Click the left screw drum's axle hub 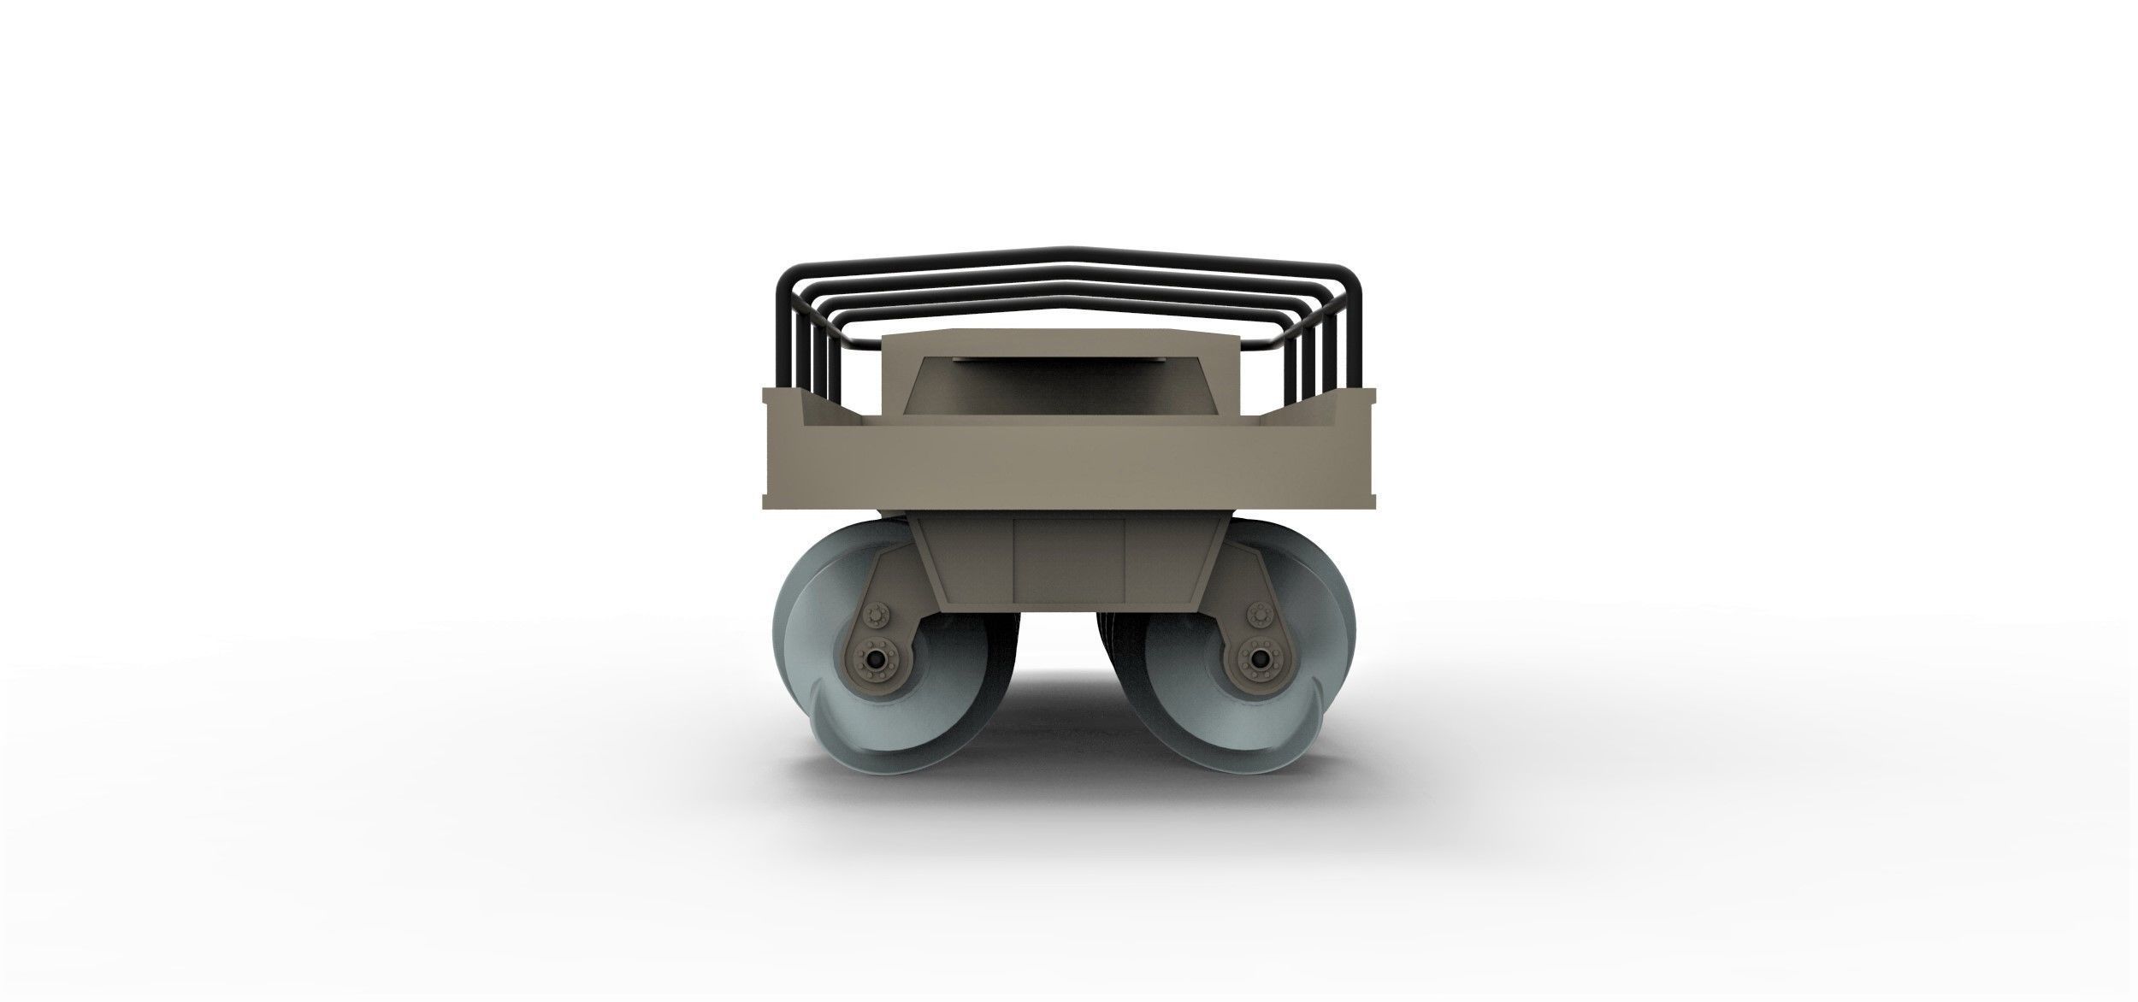click(x=875, y=659)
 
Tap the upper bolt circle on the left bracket click(x=876, y=614)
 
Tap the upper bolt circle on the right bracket click(x=1257, y=614)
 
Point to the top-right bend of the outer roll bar click(x=1351, y=278)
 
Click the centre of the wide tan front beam click(x=1068, y=466)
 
